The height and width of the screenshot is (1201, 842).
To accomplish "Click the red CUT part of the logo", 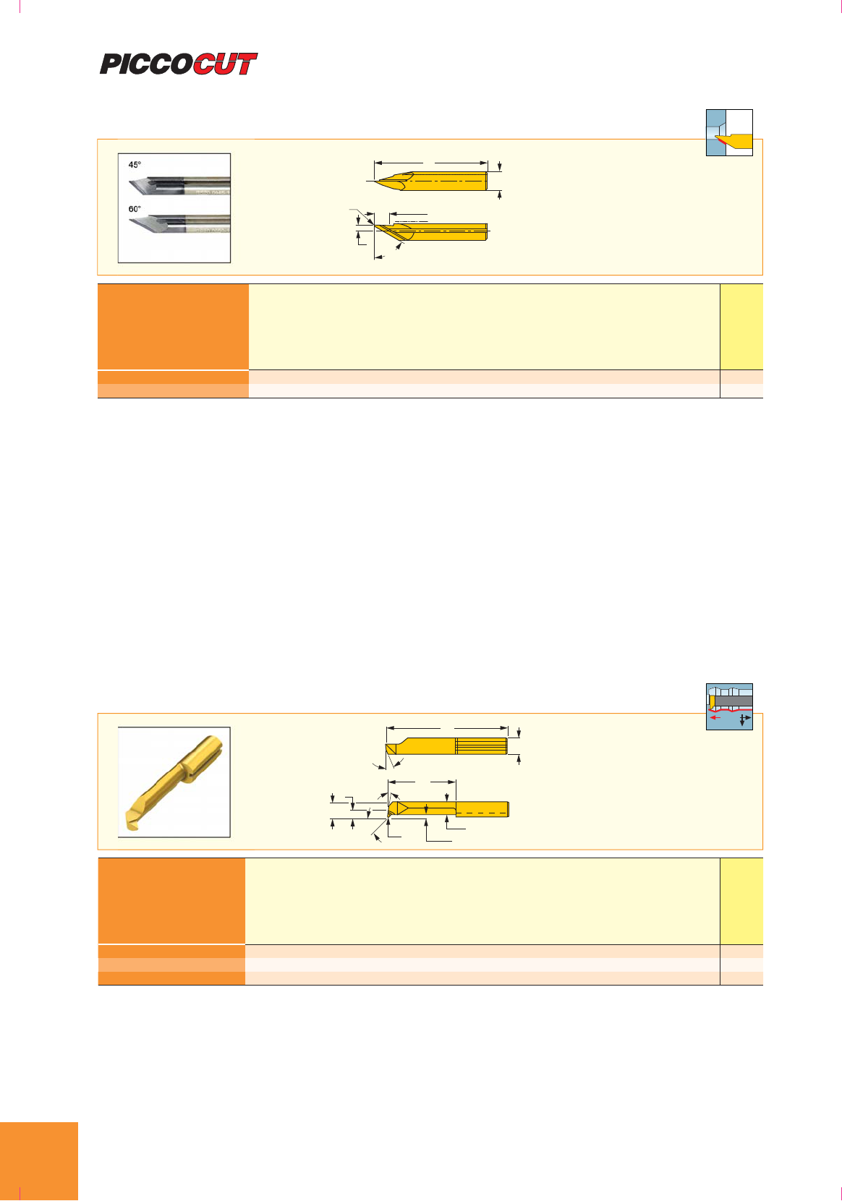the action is coord(225,64).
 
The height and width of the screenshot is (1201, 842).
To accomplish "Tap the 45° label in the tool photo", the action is coord(135,165).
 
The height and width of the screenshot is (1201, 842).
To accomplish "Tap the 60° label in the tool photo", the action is coord(135,209).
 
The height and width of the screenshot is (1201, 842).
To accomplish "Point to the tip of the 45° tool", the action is coord(129,184).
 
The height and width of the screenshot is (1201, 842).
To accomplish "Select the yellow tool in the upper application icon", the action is coord(737,141).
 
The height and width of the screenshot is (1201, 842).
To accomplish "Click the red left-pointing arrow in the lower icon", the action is coord(715,717).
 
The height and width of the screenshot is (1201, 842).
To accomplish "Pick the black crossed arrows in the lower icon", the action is coord(744,719).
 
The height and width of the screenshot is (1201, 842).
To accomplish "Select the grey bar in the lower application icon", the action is coord(733,701).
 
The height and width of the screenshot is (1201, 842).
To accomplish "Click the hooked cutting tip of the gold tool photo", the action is coord(132,820).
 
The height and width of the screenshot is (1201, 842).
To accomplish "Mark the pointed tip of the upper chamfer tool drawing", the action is coord(375,181).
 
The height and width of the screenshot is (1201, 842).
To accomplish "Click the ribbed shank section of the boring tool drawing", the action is coord(481,745).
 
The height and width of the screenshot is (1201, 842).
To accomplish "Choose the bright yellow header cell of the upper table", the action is coord(741,327).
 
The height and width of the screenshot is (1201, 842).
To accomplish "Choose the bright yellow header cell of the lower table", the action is coord(741,901).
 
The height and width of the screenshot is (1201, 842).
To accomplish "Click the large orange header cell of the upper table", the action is coord(173,327).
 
